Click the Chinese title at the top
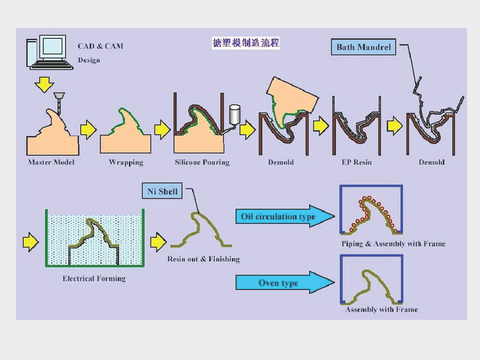click(x=246, y=43)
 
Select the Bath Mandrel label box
click(x=364, y=47)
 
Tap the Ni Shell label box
click(x=162, y=191)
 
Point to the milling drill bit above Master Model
click(x=59, y=103)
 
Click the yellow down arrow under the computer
click(x=45, y=84)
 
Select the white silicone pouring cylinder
click(x=235, y=115)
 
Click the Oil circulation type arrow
click(x=285, y=216)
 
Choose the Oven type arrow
click(x=285, y=282)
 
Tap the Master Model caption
click(x=51, y=162)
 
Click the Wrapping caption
click(x=126, y=162)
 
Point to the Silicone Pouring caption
click(x=202, y=162)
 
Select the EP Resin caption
click(x=356, y=162)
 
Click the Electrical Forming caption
click(x=94, y=278)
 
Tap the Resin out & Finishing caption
click(x=203, y=259)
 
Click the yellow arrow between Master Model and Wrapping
click(x=88, y=130)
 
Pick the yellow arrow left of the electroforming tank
click(x=31, y=242)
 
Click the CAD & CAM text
click(x=100, y=46)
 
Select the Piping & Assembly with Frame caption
click(x=393, y=244)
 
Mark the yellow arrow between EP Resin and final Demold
click(x=395, y=125)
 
